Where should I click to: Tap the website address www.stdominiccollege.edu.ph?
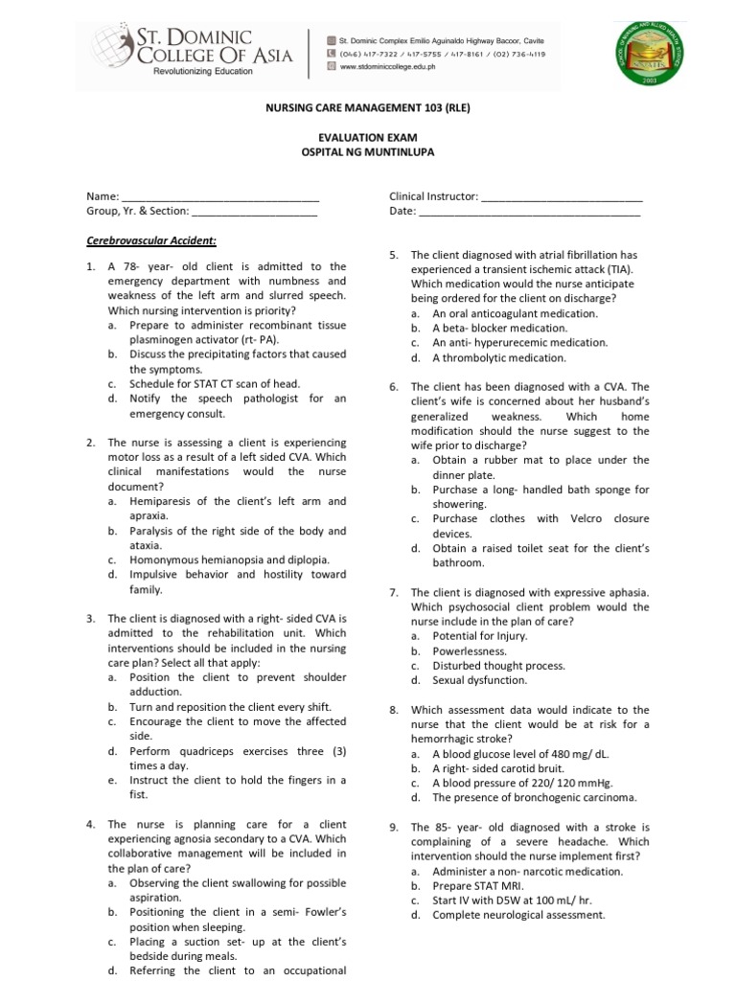pyautogui.click(x=402, y=68)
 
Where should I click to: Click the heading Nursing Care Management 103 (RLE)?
pyautogui.click(x=368, y=107)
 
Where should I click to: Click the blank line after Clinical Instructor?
pyautogui.click(x=561, y=196)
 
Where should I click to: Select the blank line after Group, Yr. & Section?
pyautogui.click(x=254, y=212)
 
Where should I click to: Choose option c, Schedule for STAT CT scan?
pyautogui.click(x=215, y=384)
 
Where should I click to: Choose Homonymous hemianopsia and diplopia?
pyautogui.click(x=230, y=560)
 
